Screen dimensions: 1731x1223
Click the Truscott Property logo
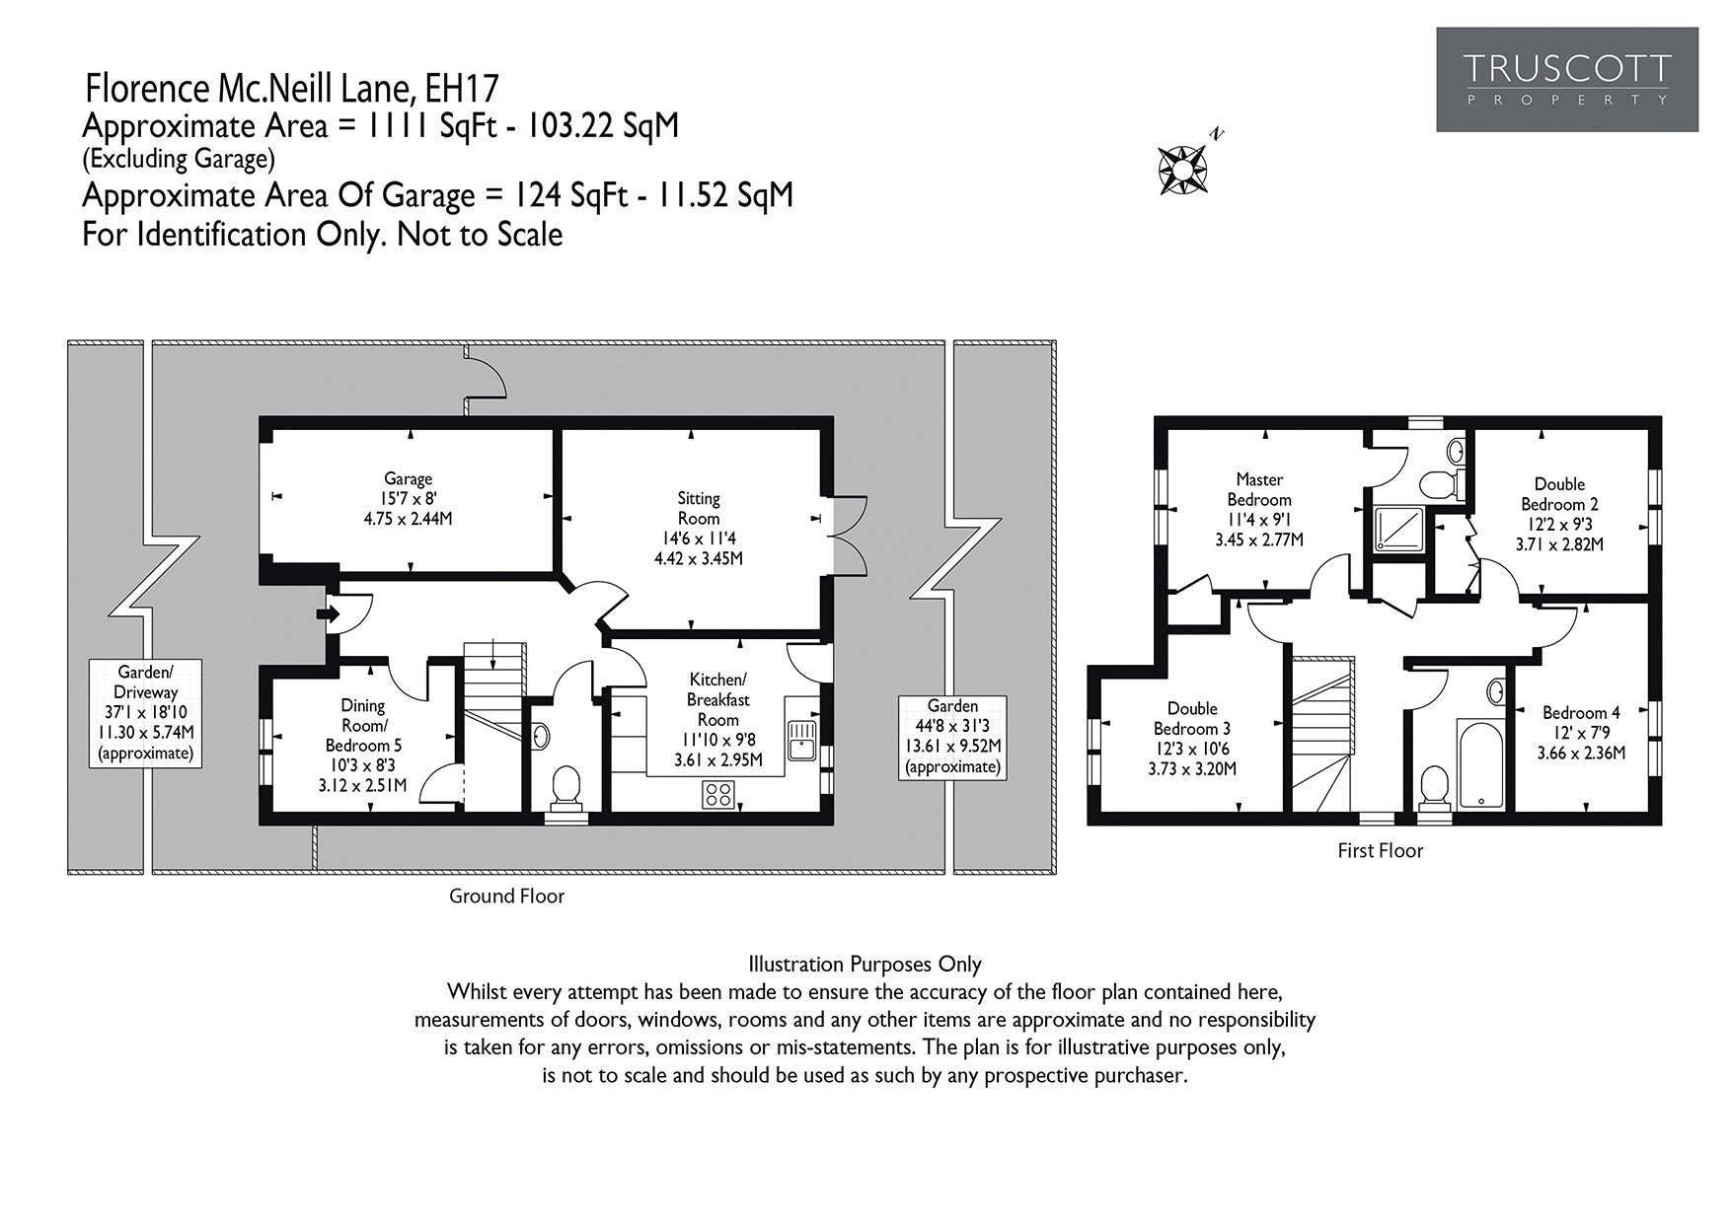(1567, 80)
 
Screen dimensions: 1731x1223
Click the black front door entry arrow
(327, 614)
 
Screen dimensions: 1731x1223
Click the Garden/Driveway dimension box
(145, 713)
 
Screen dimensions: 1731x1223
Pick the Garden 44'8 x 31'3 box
(953, 737)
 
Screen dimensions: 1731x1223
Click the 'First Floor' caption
(1381, 850)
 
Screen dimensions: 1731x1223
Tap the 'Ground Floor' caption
(507, 896)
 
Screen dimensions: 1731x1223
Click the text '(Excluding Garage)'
(179, 158)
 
